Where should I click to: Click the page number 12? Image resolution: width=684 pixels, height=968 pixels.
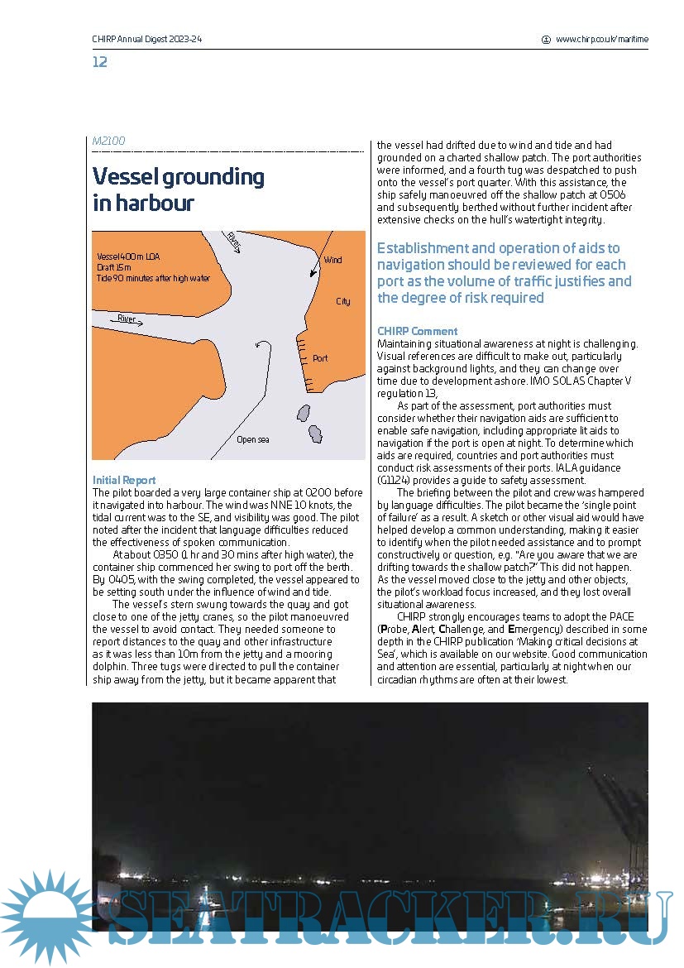pyautogui.click(x=99, y=62)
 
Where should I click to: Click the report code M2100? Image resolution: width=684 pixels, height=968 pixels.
pyautogui.click(x=108, y=141)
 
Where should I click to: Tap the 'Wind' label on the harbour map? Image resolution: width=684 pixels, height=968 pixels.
pyautogui.click(x=332, y=260)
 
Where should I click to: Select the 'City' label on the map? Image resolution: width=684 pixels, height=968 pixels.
pyautogui.click(x=342, y=301)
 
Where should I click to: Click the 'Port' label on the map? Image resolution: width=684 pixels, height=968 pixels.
pyautogui.click(x=320, y=358)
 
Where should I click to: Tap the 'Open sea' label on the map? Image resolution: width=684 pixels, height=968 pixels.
pyautogui.click(x=252, y=439)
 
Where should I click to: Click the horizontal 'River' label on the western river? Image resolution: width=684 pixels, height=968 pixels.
pyautogui.click(x=126, y=319)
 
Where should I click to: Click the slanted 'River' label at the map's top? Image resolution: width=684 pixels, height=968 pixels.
pyautogui.click(x=234, y=241)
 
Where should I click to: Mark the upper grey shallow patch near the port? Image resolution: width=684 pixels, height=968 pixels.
pyautogui.click(x=303, y=413)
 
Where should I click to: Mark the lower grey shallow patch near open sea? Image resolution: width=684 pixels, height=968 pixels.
pyautogui.click(x=315, y=434)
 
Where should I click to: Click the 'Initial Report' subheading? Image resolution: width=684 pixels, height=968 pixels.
pyautogui.click(x=123, y=480)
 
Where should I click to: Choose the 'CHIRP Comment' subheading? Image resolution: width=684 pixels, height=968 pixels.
pyautogui.click(x=417, y=331)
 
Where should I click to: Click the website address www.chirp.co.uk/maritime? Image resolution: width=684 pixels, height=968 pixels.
pyautogui.click(x=601, y=39)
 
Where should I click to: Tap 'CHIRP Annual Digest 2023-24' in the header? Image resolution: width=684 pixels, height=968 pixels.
pyautogui.click(x=147, y=39)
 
